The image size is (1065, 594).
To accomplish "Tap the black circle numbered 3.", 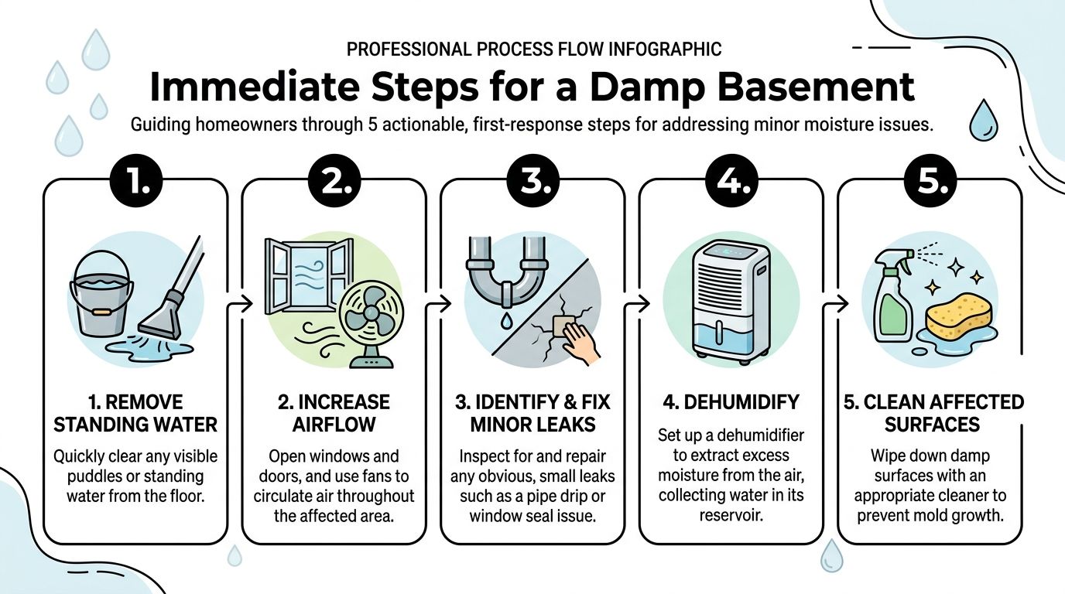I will point(532,183).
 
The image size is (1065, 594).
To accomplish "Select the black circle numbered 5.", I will point(930,183).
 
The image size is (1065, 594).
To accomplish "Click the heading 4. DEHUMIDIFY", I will point(731,402).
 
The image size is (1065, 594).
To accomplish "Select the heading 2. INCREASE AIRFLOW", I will point(334,413).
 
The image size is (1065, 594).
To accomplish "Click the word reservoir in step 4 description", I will point(731,514).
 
